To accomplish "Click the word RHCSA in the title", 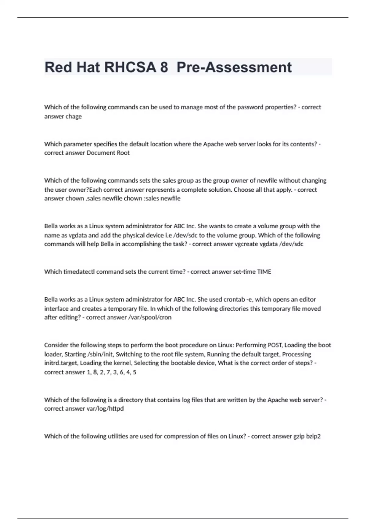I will tap(130, 67).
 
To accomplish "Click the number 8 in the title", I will tap(164, 67).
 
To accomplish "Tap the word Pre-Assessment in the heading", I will tap(234, 67).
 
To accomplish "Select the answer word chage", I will tap(74, 116).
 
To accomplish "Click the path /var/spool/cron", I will tap(150, 317).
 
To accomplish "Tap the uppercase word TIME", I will tap(264, 272).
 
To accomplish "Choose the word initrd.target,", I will tap(61, 363).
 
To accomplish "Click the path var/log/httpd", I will tap(105, 408).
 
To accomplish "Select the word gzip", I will tap(299, 436).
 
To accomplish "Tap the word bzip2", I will tap(314, 436).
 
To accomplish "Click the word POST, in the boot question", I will tap(275, 345).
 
